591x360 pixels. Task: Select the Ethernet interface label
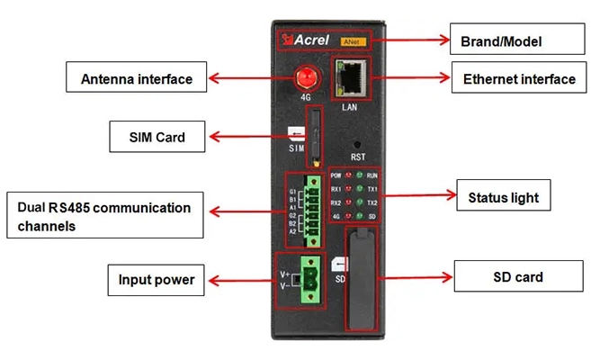(519, 79)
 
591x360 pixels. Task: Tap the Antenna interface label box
(137, 78)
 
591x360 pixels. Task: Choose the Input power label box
(156, 279)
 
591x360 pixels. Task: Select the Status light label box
(504, 195)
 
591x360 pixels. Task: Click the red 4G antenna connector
(306, 76)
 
